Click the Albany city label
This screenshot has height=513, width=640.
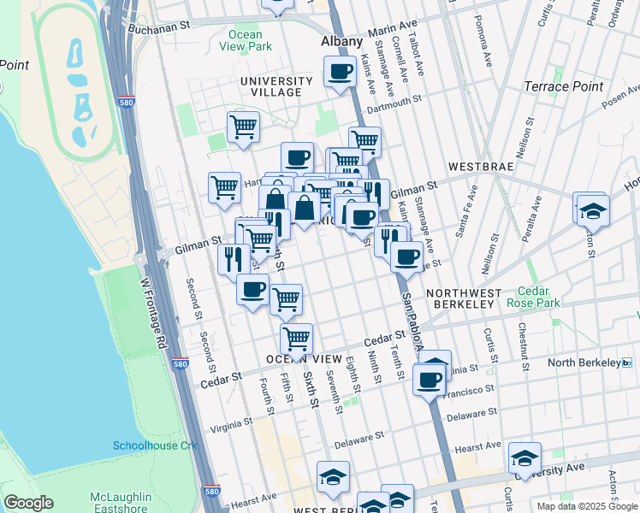pyautogui.click(x=341, y=41)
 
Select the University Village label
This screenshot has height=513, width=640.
pyautogui.click(x=270, y=86)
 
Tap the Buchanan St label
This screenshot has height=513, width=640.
pyautogui.click(x=158, y=27)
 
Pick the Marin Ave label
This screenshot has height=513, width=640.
pyautogui.click(x=392, y=32)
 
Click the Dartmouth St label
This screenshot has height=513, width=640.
pyautogui.click(x=395, y=109)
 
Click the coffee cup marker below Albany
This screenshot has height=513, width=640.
pyautogui.click(x=340, y=71)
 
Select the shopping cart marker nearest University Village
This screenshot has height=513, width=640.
pyautogui.click(x=244, y=127)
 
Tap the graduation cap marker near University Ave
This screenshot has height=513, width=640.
pyautogui.click(x=524, y=457)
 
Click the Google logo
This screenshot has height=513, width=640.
pyautogui.click(x=28, y=503)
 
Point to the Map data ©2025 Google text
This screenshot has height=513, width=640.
pyautogui.click(x=586, y=506)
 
